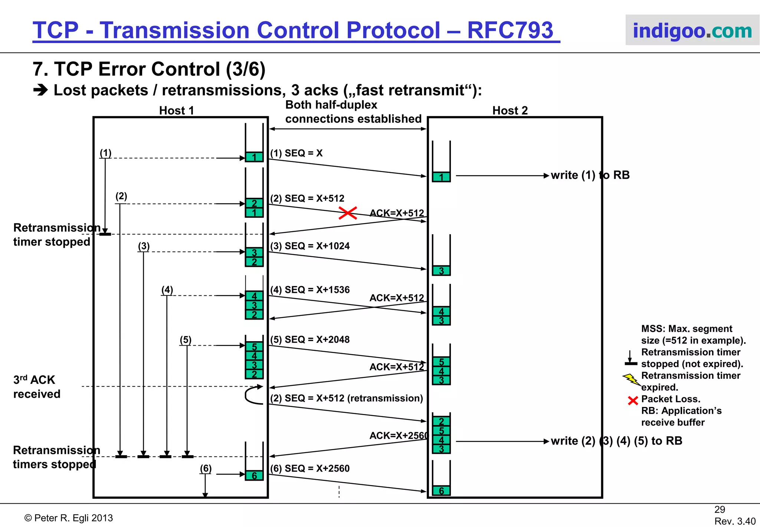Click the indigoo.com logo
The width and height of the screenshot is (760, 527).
(x=692, y=30)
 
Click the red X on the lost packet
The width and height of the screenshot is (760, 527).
(x=348, y=213)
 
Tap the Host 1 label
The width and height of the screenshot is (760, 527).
(x=177, y=110)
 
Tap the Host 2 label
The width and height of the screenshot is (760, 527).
(x=510, y=110)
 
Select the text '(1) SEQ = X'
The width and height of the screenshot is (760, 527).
(x=296, y=153)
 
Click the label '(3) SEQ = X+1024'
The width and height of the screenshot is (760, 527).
(x=310, y=246)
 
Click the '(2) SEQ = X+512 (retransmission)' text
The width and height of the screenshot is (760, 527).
(x=347, y=398)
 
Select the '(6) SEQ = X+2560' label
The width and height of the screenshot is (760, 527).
(x=310, y=468)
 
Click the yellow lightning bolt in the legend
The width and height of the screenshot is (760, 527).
(x=631, y=379)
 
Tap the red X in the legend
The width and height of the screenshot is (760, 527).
(x=633, y=400)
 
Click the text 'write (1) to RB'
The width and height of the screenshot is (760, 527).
(x=590, y=175)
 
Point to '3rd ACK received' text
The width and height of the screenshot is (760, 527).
(x=36, y=387)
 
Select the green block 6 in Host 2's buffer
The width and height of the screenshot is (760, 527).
(x=441, y=491)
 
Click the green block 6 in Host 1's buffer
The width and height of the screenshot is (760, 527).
(x=254, y=475)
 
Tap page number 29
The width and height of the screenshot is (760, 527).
(x=720, y=510)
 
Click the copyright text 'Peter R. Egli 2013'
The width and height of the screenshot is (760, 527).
(x=69, y=518)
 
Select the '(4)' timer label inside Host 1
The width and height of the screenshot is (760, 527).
(x=167, y=290)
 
